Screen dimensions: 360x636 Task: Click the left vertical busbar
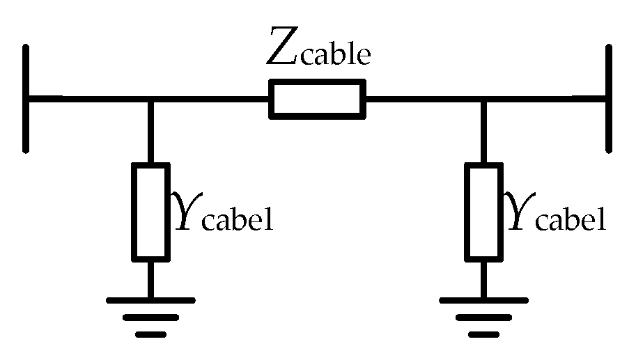[x=26, y=98]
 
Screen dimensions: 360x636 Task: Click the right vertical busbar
[x=609, y=98]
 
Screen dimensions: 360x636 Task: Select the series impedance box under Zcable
[x=318, y=98]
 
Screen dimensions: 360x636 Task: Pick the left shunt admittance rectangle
[x=150, y=212]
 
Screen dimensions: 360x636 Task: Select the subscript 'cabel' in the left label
[x=237, y=221]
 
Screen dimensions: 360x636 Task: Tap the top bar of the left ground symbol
[x=150, y=301]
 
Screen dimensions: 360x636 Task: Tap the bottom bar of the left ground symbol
[x=150, y=334]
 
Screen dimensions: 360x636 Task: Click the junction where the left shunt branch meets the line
[x=150, y=99]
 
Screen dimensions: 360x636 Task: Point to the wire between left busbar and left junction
[x=87, y=99]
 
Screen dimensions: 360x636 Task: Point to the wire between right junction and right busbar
[x=547, y=99]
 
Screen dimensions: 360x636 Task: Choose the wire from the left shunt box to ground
[x=150, y=280]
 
